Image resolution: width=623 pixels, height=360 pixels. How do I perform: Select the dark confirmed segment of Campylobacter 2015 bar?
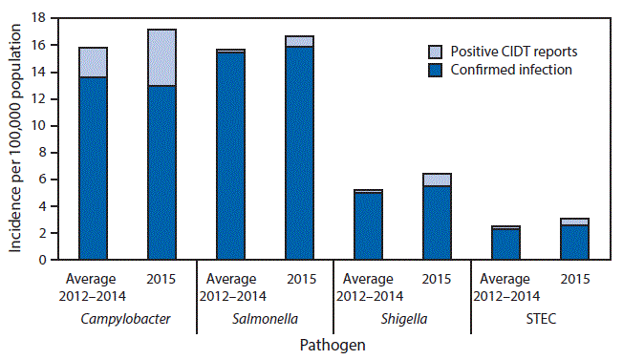point(161,172)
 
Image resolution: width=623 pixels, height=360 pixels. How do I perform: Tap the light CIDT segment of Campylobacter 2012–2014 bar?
point(93,62)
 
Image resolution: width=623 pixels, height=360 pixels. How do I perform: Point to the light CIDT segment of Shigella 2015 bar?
point(437,180)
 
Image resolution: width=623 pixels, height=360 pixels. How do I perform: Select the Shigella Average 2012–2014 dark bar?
point(368,225)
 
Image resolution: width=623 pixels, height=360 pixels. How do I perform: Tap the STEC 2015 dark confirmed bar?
point(574,242)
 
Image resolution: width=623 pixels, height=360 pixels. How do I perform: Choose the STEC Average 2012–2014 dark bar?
point(505,244)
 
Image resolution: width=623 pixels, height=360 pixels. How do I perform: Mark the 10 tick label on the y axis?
point(41,125)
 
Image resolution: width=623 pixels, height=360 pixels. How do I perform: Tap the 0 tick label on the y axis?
point(44,259)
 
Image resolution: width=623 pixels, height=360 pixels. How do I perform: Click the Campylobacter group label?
point(127,315)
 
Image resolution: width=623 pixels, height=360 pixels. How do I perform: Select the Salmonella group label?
point(265,315)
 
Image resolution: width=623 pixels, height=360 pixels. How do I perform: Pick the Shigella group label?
point(402,315)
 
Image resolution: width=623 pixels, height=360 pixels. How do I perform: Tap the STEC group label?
point(540,315)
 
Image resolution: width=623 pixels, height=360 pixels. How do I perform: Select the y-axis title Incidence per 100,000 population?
point(16,138)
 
